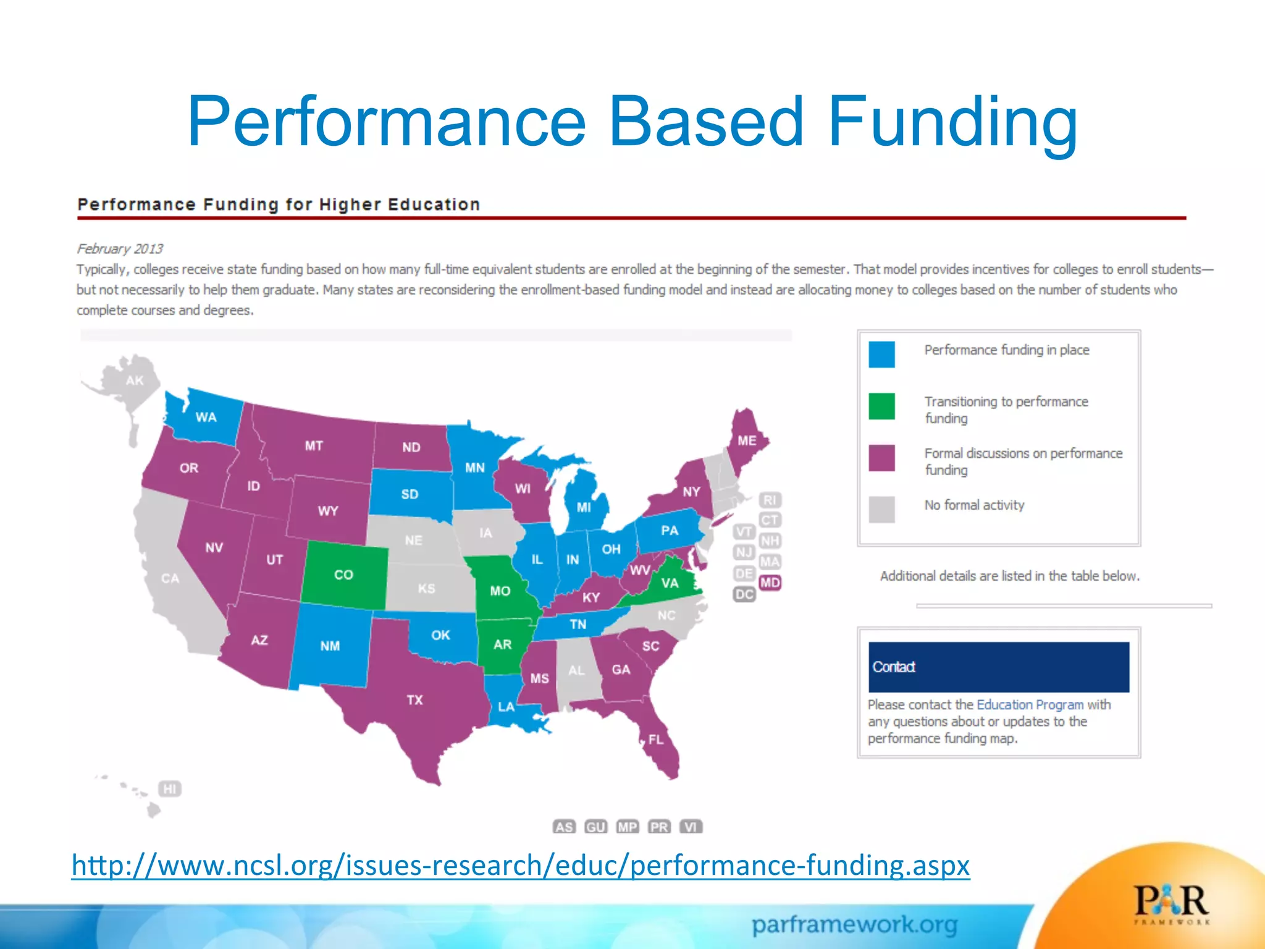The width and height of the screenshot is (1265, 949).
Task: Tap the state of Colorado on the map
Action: (344, 575)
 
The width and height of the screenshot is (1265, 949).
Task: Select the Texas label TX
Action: (414, 700)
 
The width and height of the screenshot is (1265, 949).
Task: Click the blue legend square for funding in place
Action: (881, 355)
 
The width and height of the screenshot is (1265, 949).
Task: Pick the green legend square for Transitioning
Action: (881, 407)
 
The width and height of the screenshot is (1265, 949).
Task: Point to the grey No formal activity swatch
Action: (881, 510)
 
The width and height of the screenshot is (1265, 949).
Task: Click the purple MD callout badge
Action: (770, 583)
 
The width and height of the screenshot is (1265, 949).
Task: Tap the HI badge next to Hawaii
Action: (170, 789)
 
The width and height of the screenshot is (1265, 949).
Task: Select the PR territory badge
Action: (659, 827)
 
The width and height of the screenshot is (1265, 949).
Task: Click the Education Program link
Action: (1030, 705)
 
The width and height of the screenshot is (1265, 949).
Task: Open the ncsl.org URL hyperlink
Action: (520, 865)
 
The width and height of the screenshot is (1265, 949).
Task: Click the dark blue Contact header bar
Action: (998, 667)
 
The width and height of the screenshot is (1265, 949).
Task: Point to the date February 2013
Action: (120, 248)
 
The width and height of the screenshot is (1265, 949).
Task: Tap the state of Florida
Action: (657, 740)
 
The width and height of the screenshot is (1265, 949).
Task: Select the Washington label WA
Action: (206, 418)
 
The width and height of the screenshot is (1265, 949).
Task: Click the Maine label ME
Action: (747, 441)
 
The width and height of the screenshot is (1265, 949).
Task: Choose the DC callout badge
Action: (744, 594)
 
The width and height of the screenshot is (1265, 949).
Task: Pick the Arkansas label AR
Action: (502, 644)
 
